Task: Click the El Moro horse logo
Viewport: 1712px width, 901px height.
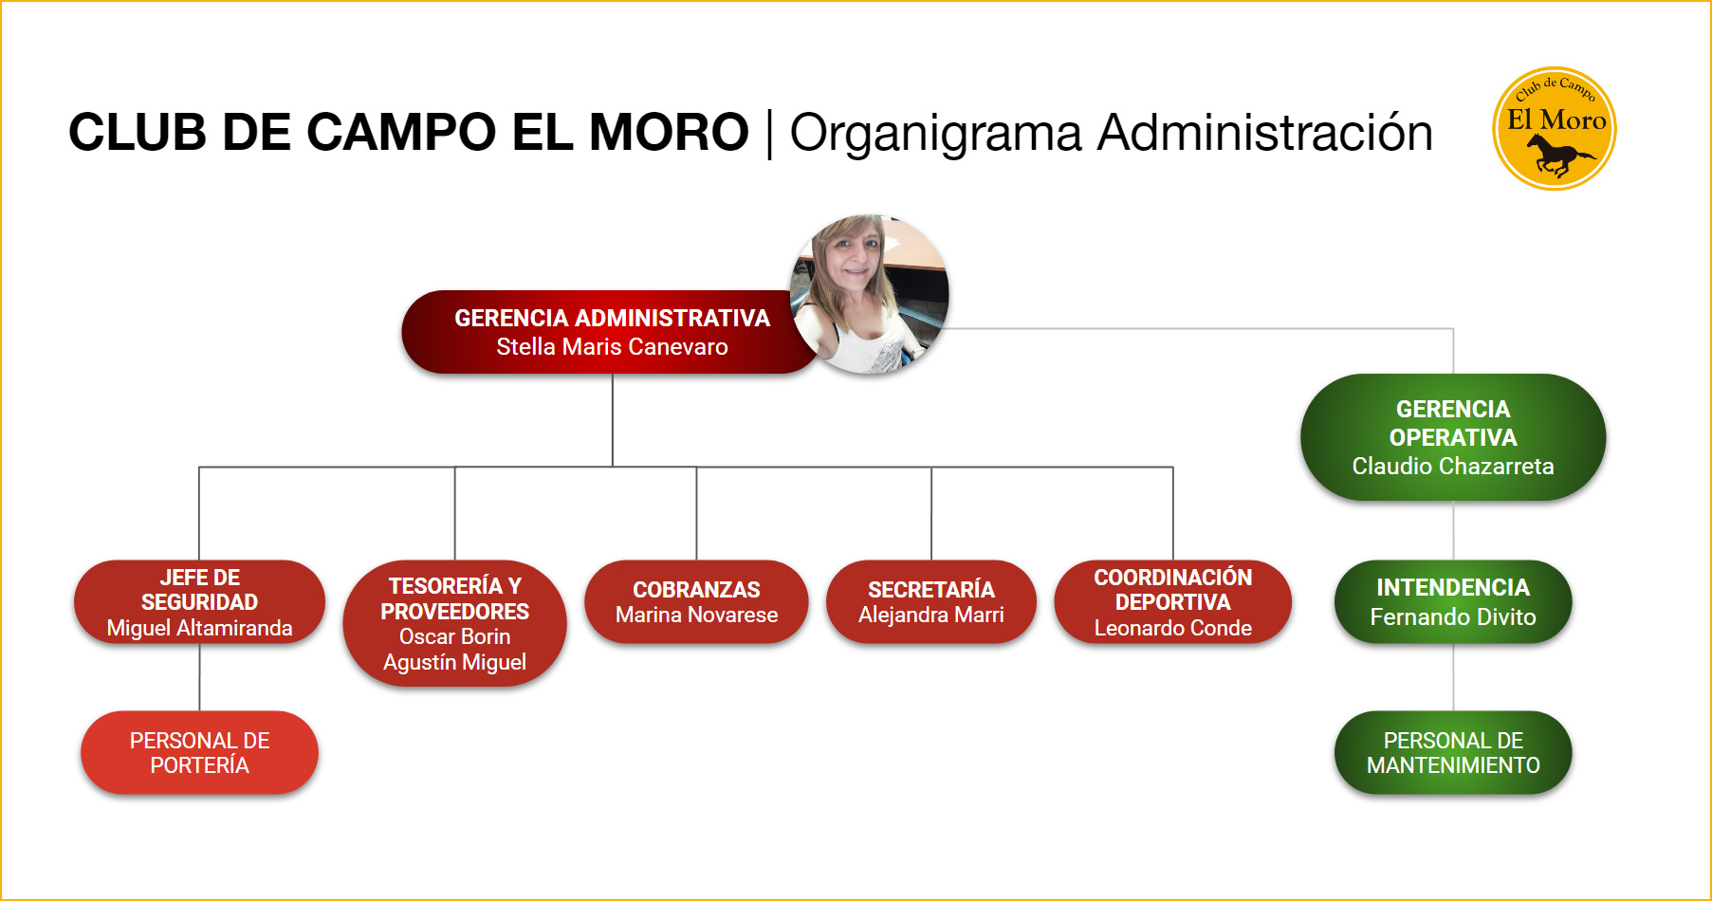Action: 1554,128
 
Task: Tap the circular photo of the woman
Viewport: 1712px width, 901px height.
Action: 870,294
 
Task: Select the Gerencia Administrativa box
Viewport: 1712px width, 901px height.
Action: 612,332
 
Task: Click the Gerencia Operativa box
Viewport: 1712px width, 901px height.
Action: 1453,437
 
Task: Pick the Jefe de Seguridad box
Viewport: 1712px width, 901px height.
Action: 199,602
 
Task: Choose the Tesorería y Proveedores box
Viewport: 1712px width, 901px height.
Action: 454,623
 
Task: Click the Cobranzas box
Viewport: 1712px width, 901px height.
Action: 696,602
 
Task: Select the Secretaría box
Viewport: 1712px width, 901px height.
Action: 931,602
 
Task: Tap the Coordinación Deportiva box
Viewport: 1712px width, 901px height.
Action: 1173,602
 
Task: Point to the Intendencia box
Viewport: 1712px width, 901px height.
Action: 1453,602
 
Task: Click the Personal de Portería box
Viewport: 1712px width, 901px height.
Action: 199,752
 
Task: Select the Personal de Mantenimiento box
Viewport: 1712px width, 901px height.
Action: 1453,752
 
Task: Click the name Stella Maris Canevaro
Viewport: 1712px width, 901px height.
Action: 612,347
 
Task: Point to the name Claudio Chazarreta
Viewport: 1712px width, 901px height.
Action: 1453,466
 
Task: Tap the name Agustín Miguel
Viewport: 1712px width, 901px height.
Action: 454,662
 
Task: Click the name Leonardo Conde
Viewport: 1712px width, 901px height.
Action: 1173,628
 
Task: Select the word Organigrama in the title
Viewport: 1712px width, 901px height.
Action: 935,133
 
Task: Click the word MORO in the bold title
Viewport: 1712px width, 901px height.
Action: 669,132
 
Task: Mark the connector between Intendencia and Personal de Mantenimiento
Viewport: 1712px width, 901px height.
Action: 1453,677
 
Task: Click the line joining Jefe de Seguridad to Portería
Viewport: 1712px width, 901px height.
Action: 199,677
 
